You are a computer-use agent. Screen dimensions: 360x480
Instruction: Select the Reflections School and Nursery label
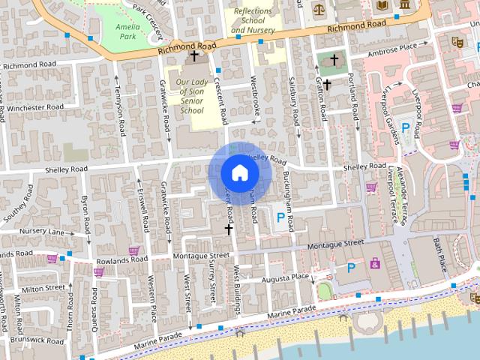(x=253, y=21)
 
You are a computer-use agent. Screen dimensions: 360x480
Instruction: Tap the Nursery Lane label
(x=43, y=232)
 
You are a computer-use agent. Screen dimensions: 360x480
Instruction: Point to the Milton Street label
(x=43, y=288)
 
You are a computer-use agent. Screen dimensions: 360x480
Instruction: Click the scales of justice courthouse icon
(x=319, y=10)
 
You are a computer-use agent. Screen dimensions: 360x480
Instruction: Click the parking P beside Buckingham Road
(x=281, y=217)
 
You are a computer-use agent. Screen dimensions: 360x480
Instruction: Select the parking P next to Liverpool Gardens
(x=406, y=128)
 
